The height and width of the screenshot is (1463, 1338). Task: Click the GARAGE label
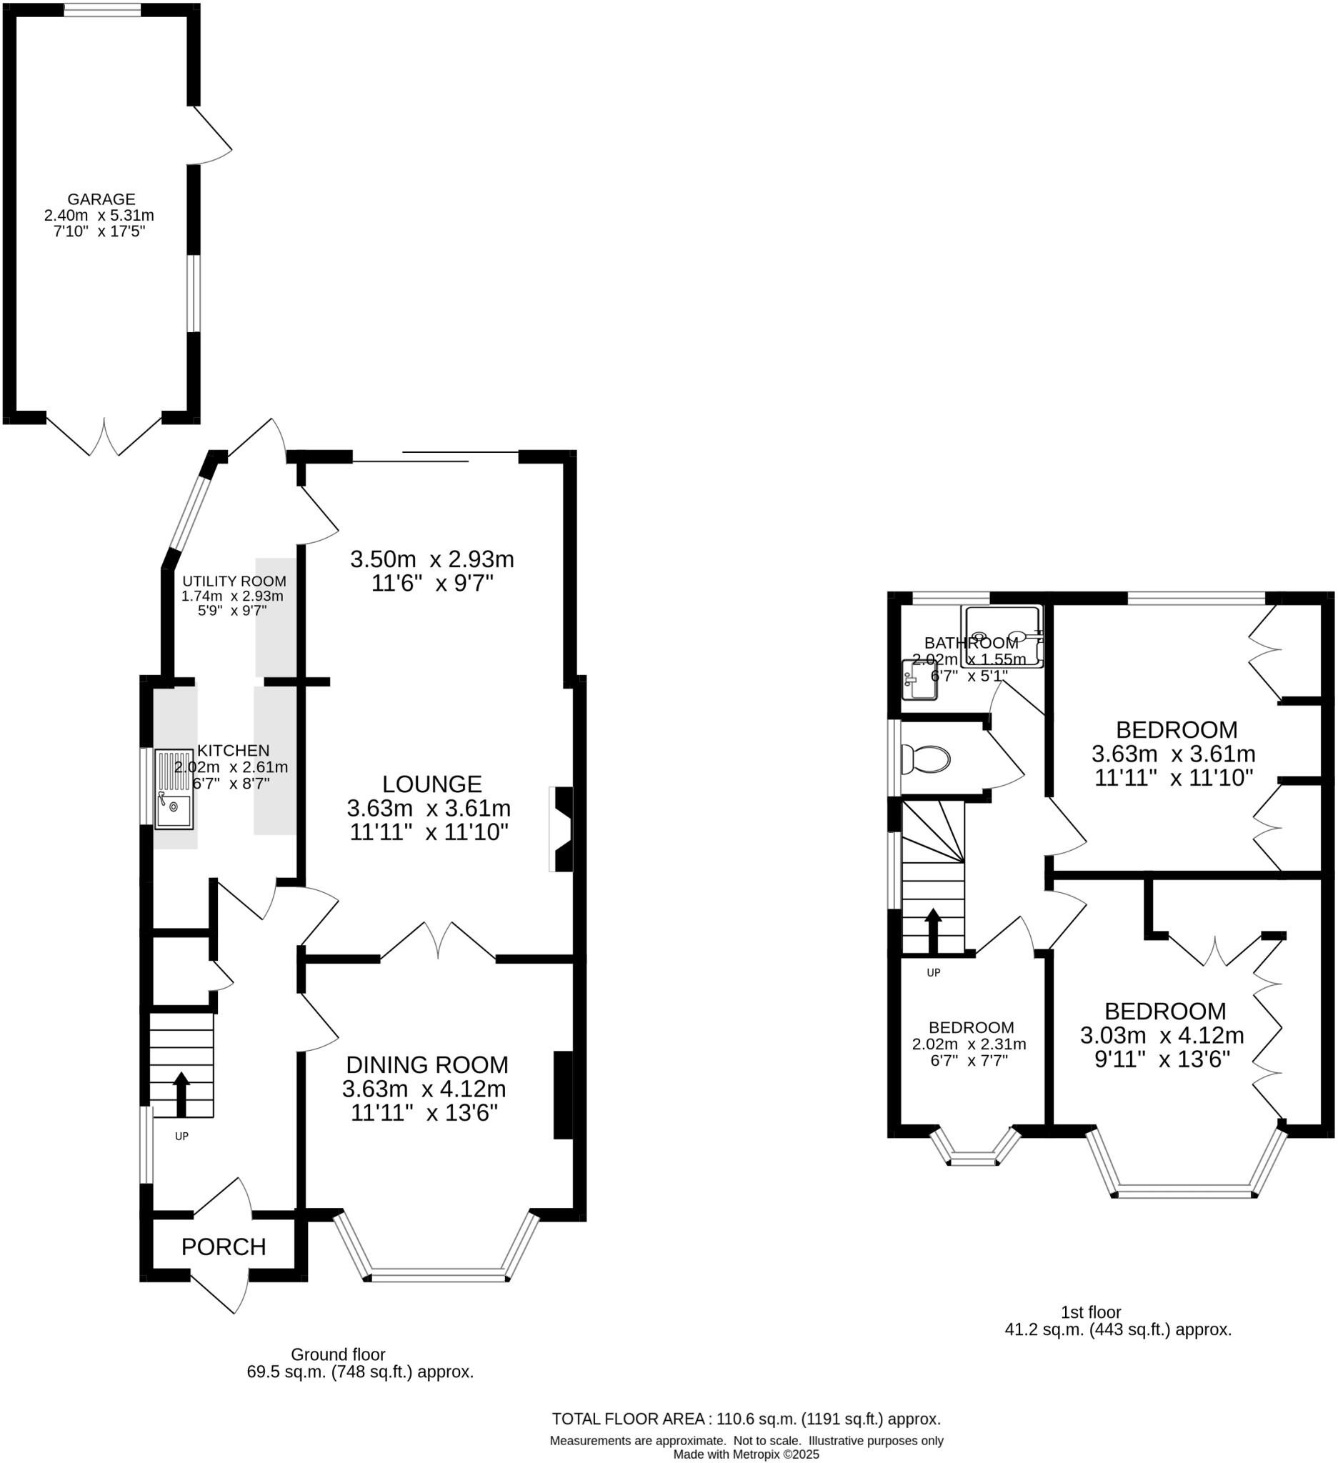pos(101,199)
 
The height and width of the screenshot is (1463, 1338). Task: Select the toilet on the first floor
pos(926,760)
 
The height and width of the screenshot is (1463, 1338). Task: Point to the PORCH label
pos(224,1247)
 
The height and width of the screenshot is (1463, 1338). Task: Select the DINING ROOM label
pos(426,1064)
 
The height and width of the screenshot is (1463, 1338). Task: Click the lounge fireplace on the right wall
pos(561,829)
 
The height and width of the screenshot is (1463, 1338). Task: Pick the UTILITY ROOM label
pos(234,581)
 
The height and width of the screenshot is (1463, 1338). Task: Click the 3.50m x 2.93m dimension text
pos(431,559)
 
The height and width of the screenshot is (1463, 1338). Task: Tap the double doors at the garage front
pos(104,437)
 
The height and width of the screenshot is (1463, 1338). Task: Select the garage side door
pos(211,136)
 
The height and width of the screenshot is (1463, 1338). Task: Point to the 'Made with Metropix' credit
pos(746,1454)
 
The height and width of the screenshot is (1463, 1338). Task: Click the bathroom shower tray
pos(1004,636)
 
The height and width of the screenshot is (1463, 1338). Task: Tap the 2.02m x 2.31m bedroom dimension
pos(969,1044)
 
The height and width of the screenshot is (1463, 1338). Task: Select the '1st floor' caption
pos(1091,1312)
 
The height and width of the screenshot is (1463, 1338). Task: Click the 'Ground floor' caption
pos(338,1354)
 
